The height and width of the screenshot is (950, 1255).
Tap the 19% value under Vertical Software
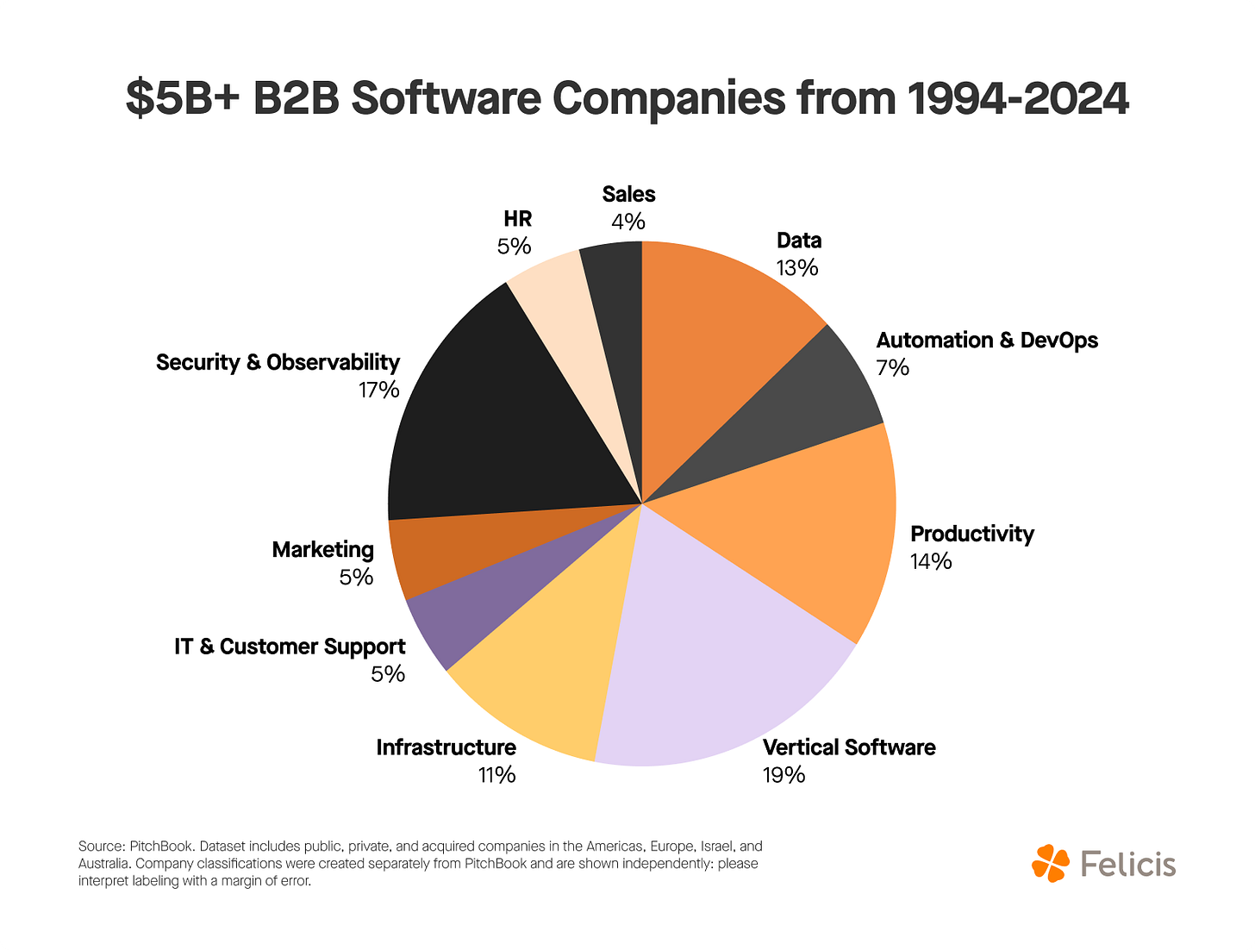coord(784,775)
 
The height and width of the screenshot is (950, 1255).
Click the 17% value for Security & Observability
coord(379,391)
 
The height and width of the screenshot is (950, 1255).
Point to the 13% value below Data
coord(797,268)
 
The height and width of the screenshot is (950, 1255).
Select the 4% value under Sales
coord(628,222)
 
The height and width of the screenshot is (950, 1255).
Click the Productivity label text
coord(971,534)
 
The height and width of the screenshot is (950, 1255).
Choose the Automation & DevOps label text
coord(987,341)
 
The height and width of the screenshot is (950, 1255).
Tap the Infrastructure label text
coord(446,747)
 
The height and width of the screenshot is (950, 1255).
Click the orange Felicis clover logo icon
coord(1050,863)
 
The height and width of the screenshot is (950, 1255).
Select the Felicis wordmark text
coord(1127,864)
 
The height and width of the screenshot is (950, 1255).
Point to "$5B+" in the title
coord(183,99)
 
